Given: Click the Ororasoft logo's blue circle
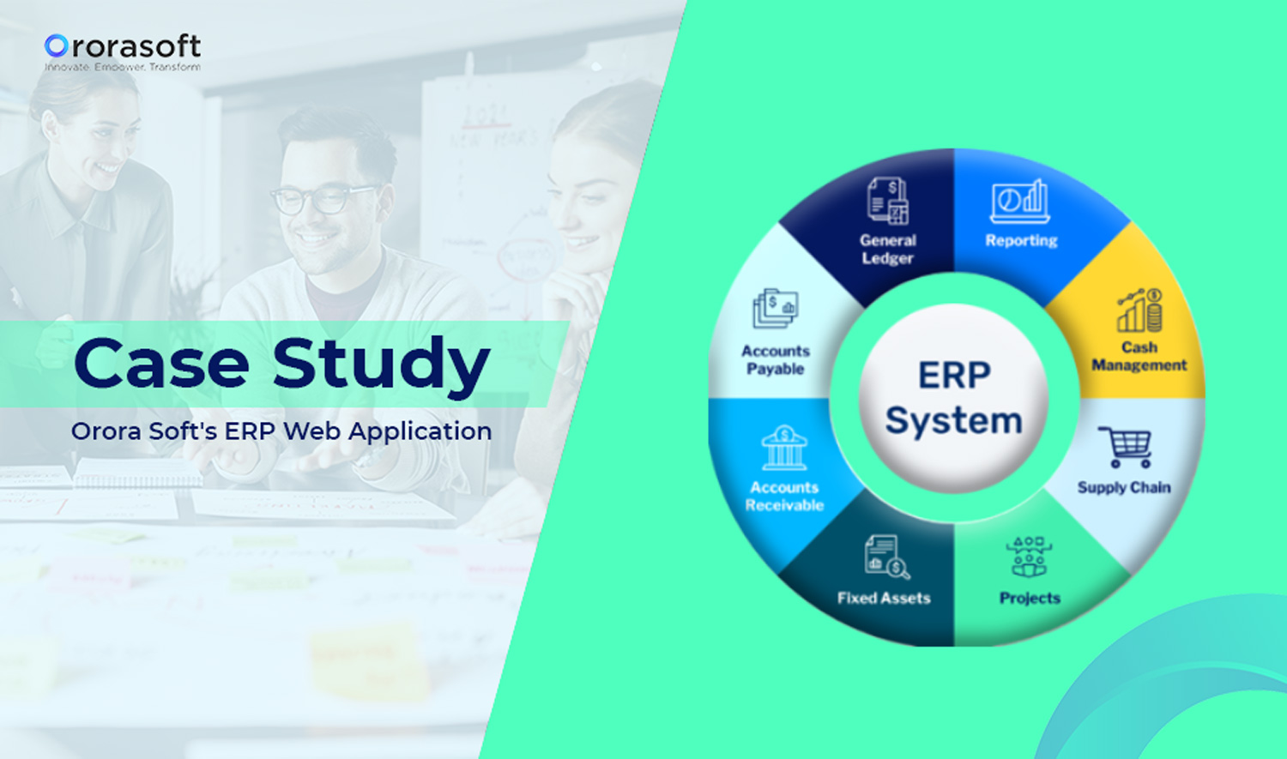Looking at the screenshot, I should click(57, 46).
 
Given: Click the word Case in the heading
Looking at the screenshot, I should click(161, 364).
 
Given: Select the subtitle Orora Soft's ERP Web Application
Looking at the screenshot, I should click(281, 431).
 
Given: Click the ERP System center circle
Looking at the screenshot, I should click(953, 398).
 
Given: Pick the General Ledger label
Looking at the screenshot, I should click(888, 250).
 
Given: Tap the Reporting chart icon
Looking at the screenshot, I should click(1020, 202).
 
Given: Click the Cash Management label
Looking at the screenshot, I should click(1139, 356).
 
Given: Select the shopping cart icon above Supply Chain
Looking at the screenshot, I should click(1125, 447).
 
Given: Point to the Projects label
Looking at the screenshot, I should click(1030, 598).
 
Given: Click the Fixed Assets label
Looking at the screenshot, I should click(884, 598).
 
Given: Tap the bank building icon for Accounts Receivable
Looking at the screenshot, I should click(784, 448).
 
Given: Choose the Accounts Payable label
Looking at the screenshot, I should click(776, 360).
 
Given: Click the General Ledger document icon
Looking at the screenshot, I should click(888, 201).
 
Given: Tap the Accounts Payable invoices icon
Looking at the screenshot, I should click(775, 309).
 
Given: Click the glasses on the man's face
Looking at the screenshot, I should click(323, 199).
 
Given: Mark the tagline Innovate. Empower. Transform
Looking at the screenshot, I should click(123, 67).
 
